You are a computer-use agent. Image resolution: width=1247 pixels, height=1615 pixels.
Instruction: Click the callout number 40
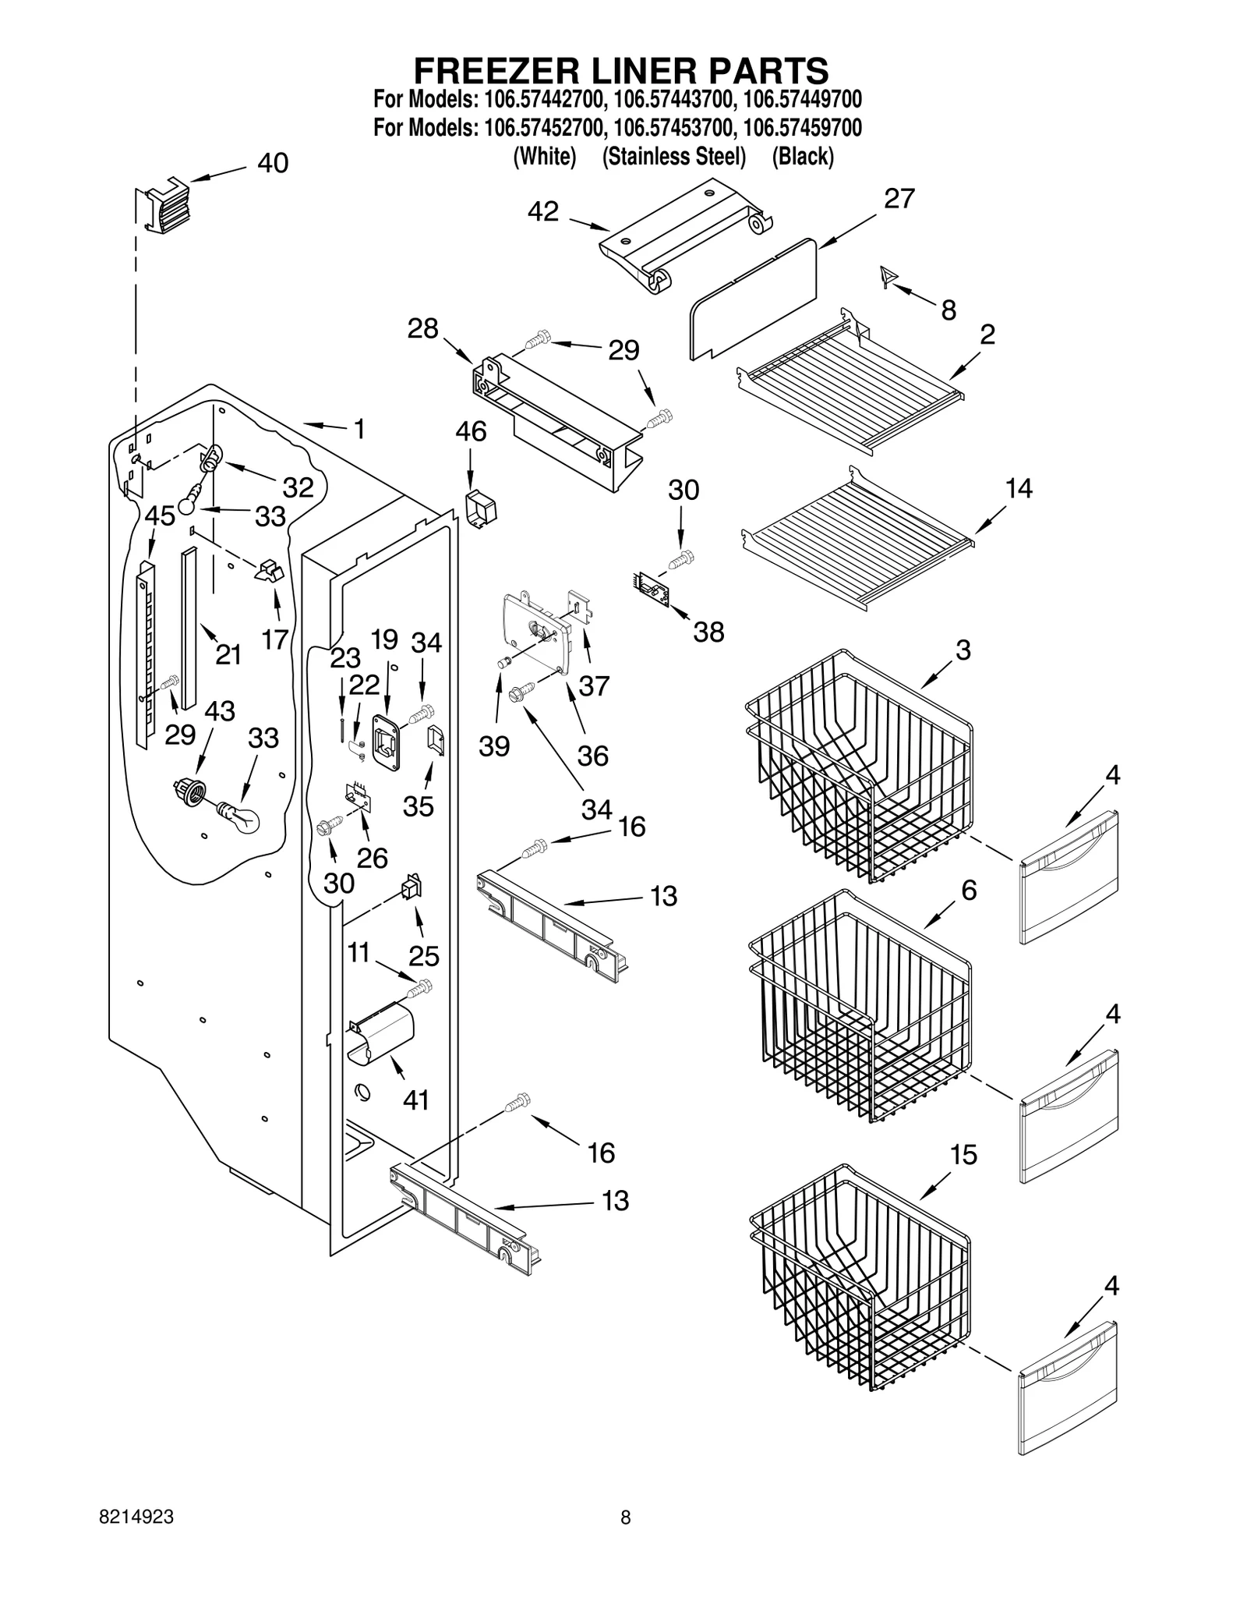(273, 163)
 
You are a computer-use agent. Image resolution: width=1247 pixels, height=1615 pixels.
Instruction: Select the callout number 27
(899, 199)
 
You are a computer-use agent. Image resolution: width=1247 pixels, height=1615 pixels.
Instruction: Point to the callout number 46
(471, 431)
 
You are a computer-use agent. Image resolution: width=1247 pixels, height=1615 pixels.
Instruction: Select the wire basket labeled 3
(857, 764)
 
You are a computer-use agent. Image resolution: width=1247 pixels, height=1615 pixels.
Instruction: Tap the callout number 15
(964, 1155)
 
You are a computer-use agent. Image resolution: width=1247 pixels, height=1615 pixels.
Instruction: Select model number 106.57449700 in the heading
(802, 100)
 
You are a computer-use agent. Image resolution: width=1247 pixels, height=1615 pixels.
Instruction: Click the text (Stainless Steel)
(674, 157)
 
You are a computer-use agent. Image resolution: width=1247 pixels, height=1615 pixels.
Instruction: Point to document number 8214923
(136, 1517)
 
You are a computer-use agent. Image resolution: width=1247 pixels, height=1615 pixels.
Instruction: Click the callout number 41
(416, 1100)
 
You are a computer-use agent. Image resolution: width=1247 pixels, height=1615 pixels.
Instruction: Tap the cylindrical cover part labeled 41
(382, 1032)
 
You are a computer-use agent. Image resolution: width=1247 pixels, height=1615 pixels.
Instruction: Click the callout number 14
(1019, 488)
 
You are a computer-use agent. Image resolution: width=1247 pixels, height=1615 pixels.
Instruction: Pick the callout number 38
(708, 632)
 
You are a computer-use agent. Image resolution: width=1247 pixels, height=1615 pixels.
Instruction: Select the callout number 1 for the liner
(359, 429)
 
